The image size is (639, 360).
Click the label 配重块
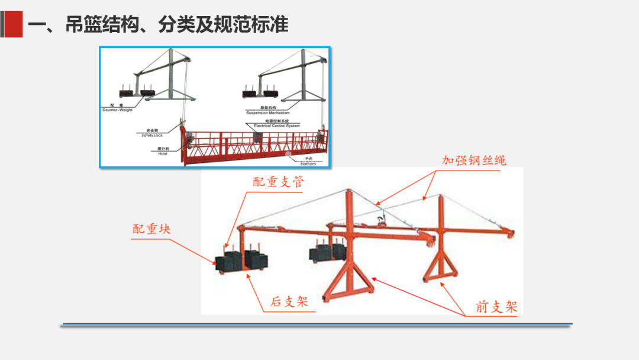click(151, 229)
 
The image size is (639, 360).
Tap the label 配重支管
click(278, 182)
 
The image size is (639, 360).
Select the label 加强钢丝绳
click(474, 160)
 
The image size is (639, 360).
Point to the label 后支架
click(289, 301)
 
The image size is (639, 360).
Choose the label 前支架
click(496, 307)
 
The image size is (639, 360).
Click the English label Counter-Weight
click(118, 110)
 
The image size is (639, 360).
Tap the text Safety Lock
click(151, 136)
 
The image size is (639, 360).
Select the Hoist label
click(162, 154)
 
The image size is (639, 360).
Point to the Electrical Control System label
click(276, 126)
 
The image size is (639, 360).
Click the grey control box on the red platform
click(257, 137)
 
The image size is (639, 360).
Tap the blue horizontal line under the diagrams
click(317, 324)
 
